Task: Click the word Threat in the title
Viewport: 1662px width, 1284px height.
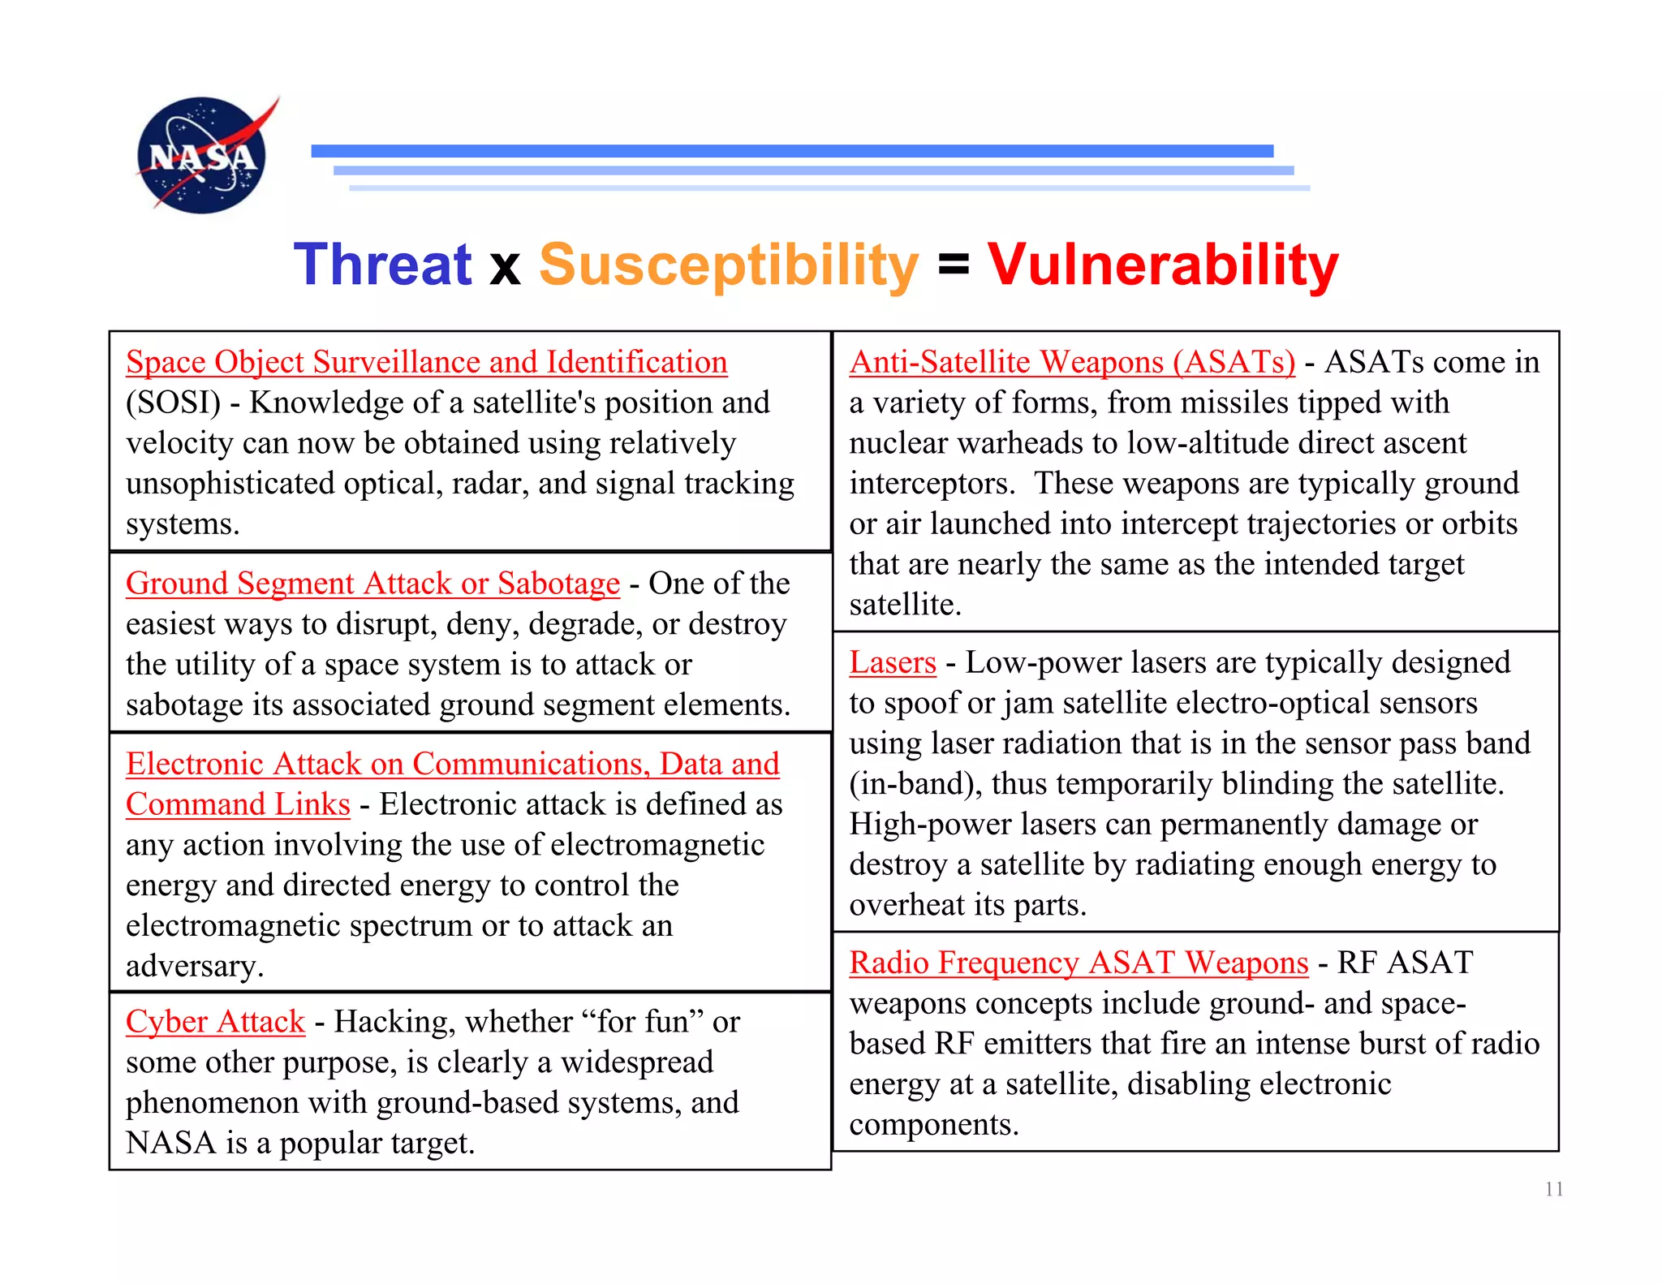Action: pyautogui.click(x=382, y=265)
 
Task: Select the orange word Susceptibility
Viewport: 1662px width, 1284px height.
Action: pyautogui.click(x=728, y=266)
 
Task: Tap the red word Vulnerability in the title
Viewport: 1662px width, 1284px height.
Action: pyautogui.click(x=1162, y=265)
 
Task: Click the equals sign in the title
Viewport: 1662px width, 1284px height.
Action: pyautogui.click(x=953, y=265)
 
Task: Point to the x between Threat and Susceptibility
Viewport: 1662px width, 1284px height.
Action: pyautogui.click(x=505, y=268)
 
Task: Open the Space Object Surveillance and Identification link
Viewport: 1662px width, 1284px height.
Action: pyautogui.click(x=426, y=362)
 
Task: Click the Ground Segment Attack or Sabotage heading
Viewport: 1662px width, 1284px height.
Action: pyautogui.click(x=372, y=584)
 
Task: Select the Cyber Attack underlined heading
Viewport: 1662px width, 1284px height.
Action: pyautogui.click(x=215, y=1022)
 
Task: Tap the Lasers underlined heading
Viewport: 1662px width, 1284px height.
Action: pyautogui.click(x=892, y=663)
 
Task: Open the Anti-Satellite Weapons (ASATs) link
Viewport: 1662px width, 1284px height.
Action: pyautogui.click(x=1071, y=362)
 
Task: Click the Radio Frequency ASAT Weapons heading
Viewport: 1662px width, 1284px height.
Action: pyautogui.click(x=1078, y=963)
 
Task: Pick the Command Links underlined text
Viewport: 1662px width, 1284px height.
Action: pyautogui.click(x=238, y=804)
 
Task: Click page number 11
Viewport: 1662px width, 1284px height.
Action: pyautogui.click(x=1553, y=1189)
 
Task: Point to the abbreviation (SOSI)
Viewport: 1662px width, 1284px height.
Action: pyautogui.click(x=173, y=403)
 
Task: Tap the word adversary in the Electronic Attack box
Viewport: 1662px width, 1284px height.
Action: pyautogui.click(x=194, y=967)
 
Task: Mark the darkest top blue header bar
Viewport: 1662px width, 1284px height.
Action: pyautogui.click(x=791, y=151)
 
